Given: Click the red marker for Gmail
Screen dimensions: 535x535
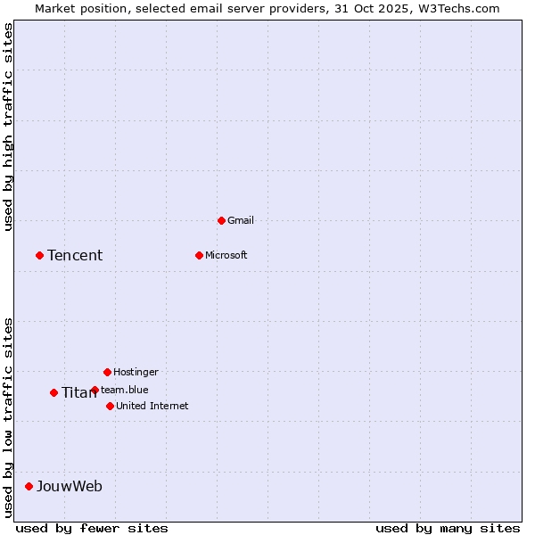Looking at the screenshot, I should (x=221, y=220).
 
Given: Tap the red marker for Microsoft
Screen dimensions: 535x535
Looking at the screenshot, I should (x=199, y=255).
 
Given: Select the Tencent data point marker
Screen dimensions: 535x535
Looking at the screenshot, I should (x=39, y=255).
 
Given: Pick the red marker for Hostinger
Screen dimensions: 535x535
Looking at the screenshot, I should (x=107, y=372).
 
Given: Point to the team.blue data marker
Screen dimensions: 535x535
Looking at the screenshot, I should (x=95, y=390).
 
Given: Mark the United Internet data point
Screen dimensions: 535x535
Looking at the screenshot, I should (x=110, y=406).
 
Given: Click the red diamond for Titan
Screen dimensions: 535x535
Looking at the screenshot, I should (x=53, y=392).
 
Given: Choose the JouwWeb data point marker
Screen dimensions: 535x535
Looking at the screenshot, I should (x=29, y=486).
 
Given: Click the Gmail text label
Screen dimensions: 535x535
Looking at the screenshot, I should (x=241, y=220).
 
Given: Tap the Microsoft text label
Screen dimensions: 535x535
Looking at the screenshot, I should (x=226, y=255).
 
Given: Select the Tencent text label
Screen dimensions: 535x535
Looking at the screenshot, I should (x=75, y=256).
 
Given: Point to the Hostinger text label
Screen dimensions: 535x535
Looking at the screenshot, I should (x=136, y=372).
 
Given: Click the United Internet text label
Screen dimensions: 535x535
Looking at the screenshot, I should (x=152, y=406).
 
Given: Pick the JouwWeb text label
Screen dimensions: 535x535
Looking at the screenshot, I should (x=70, y=487).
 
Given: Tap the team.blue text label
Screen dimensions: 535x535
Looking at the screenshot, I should (x=125, y=390).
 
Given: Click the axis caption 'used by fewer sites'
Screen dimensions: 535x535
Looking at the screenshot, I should (x=92, y=528).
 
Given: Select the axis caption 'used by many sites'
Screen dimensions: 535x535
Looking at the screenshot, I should (x=448, y=528).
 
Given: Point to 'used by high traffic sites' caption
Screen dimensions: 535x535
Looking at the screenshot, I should (x=9, y=127).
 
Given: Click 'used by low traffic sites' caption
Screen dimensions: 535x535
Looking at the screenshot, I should (x=9, y=416).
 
